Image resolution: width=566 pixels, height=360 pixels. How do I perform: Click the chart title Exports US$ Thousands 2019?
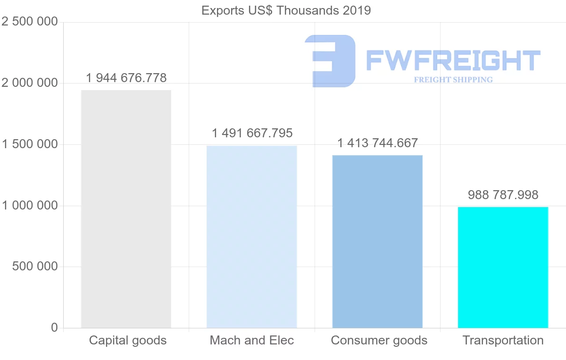pos(286,10)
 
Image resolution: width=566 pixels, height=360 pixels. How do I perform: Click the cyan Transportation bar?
pos(503,267)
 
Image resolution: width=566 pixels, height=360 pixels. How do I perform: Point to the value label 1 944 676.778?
pos(126,78)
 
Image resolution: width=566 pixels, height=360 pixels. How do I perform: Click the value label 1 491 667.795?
pos(252,134)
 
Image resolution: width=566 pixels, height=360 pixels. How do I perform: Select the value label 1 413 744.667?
pos(377,143)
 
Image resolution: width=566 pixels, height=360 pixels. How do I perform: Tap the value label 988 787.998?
pos(503,195)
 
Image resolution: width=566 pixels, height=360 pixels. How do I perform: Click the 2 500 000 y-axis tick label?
pos(30,22)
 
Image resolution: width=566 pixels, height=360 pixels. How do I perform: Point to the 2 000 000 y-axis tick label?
pos(30,84)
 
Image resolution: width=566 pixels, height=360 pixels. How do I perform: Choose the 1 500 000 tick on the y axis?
pos(30,144)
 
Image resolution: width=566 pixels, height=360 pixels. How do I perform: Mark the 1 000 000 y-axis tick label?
pos(30,206)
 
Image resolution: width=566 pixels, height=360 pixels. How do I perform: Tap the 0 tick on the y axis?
pos(54,327)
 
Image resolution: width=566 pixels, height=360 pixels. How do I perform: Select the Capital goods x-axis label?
pos(128,340)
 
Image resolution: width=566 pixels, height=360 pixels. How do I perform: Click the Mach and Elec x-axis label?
pos(252,340)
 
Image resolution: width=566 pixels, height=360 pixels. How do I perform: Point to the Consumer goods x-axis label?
pos(379,340)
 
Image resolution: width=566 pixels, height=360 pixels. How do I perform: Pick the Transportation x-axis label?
pos(503,340)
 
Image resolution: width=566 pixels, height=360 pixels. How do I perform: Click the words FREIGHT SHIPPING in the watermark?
pos(453,80)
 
